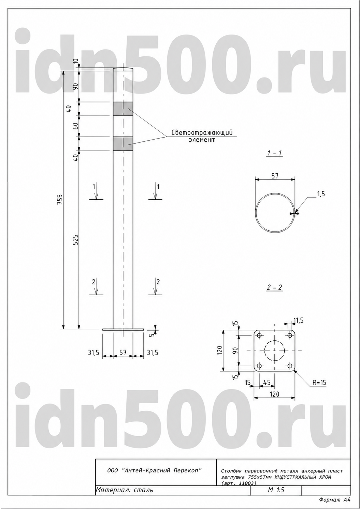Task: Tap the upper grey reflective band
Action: coord(123,109)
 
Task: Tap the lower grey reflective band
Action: coord(123,144)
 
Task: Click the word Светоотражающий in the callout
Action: coord(202,132)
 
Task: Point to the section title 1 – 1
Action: coord(275,153)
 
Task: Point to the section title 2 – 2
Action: coord(275,287)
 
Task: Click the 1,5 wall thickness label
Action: coord(321,194)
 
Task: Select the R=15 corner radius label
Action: coord(319,383)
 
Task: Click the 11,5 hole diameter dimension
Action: coord(299,321)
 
